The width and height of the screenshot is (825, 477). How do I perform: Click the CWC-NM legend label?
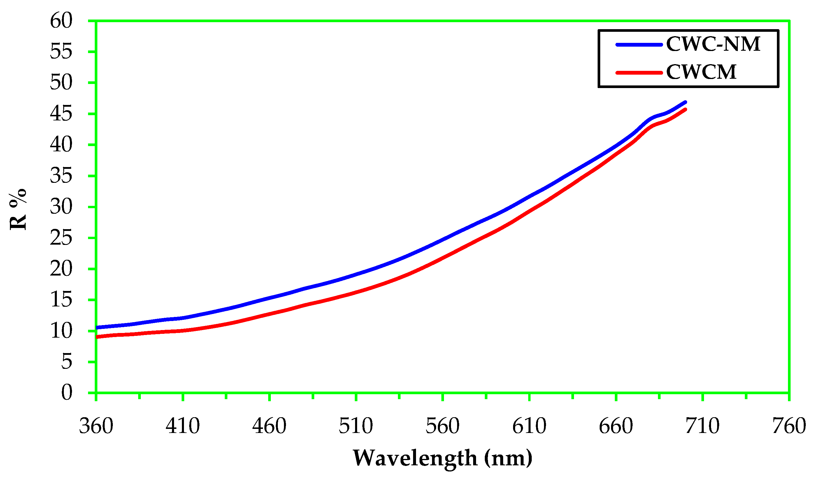pos(713,44)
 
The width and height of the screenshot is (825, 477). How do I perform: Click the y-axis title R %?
pos(18,210)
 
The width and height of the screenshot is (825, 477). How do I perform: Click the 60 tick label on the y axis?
pos(61,21)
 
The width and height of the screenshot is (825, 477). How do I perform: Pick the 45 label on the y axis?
pos(61,114)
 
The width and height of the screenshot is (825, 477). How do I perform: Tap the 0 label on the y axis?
pos(66,392)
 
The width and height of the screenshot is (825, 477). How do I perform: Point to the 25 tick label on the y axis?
pos(61,238)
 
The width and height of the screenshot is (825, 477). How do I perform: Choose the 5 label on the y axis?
pos(66,362)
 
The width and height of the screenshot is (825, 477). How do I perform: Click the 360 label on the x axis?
pos(96,426)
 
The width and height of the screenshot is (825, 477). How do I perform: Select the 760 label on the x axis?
pos(789,426)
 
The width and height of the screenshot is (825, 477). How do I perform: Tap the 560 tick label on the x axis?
pos(443,426)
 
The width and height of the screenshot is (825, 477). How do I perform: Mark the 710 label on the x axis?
pos(703,426)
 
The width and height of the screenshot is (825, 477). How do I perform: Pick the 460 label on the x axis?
pos(269,426)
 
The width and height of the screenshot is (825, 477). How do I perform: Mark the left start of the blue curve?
pos(97,327)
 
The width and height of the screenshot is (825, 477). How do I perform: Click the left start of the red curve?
pos(97,337)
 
